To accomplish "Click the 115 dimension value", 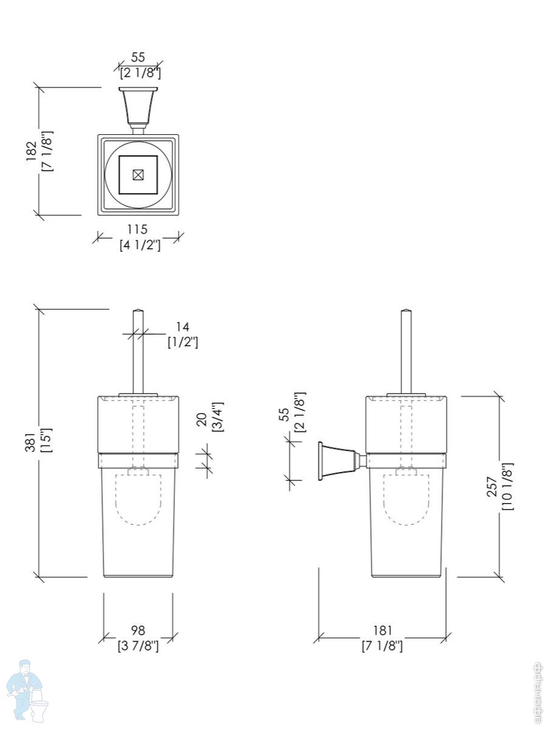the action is (137, 229).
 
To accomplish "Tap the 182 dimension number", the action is (32, 152).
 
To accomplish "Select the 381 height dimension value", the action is (30, 442).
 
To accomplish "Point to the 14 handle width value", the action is (183, 327).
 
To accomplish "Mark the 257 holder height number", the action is (492, 487).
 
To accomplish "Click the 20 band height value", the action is (202, 419).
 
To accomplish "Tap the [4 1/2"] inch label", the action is (140, 245).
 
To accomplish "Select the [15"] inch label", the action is (46, 440).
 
